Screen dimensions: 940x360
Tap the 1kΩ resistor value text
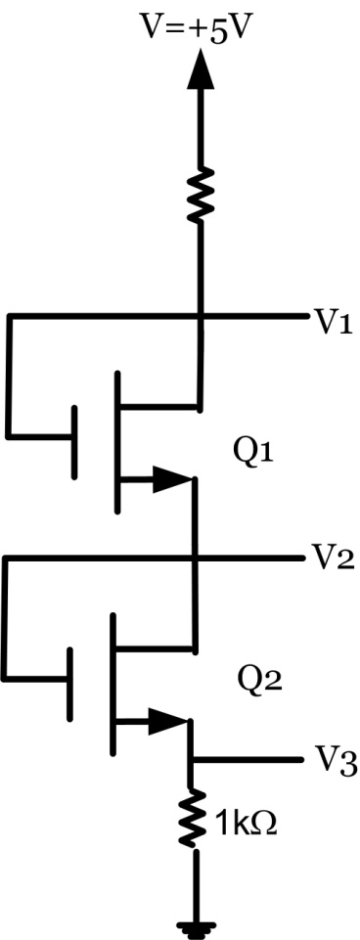[247, 824]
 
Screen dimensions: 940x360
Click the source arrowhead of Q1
[175, 479]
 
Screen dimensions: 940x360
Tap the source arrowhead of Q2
[168, 724]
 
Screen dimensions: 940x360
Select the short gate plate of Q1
[75, 441]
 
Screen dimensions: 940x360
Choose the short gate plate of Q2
[67, 684]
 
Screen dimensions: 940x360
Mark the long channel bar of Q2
[112, 685]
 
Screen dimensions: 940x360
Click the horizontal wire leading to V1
[254, 316]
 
